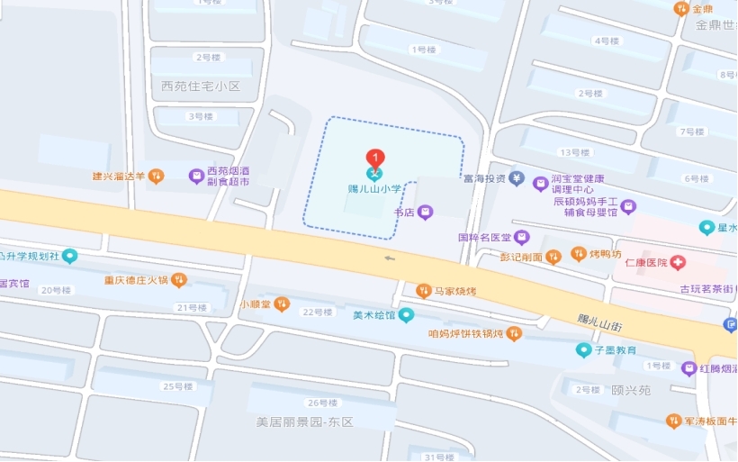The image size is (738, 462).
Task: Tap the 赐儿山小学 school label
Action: coord(373,190)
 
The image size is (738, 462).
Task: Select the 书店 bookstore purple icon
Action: coord(426,212)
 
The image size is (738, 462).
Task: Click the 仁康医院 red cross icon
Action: coord(678,263)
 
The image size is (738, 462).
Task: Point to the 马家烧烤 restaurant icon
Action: coord(424,290)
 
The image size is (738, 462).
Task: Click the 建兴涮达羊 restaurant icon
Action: coord(156,177)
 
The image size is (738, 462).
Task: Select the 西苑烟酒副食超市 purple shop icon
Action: coord(196,176)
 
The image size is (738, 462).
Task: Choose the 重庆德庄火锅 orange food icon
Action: coord(178,280)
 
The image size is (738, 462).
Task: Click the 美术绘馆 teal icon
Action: coord(407,314)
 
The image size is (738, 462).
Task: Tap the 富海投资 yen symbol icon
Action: coord(516,178)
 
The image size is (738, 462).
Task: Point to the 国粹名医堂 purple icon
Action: coord(522,238)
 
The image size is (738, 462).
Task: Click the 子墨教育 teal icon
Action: coord(584,349)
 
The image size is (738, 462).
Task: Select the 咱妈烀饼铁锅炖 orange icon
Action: coord(514,333)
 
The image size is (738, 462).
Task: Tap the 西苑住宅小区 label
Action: coord(202,86)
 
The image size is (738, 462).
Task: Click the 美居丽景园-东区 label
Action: coord(305,421)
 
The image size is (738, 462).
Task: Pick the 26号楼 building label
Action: coord(322,403)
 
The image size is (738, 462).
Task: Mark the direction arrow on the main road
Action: coord(390,258)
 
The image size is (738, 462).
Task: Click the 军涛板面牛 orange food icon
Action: coord(673,421)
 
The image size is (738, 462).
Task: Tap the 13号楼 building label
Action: coord(574,152)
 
